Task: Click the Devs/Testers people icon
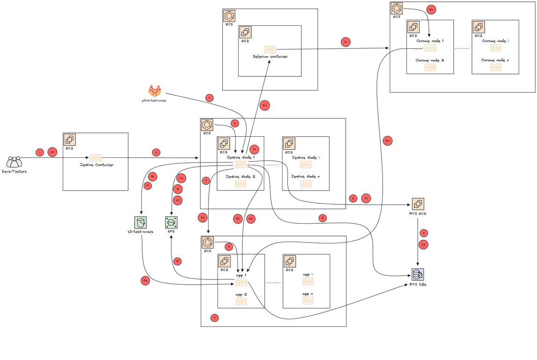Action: click(14, 162)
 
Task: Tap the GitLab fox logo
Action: click(154, 91)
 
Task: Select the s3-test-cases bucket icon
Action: click(140, 222)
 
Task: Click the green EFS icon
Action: click(171, 222)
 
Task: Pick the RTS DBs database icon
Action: click(418, 274)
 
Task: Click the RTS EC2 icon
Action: click(418, 204)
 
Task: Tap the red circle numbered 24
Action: click(52, 152)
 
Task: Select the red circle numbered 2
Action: click(156, 152)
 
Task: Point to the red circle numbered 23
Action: click(203, 217)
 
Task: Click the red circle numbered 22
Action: click(424, 244)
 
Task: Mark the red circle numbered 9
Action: click(215, 317)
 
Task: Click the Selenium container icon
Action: click(270, 49)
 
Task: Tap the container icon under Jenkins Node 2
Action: click(240, 184)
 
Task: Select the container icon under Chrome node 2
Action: click(430, 67)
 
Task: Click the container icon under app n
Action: click(307, 301)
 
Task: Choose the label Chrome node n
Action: click(495, 60)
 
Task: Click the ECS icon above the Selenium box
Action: click(229, 16)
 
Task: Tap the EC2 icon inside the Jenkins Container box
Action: click(70, 140)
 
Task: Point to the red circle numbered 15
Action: click(322, 218)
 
